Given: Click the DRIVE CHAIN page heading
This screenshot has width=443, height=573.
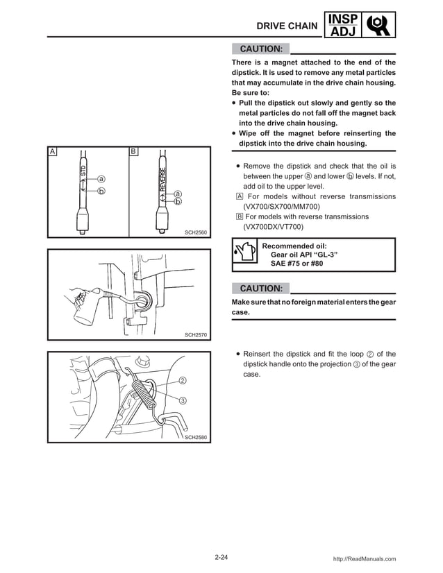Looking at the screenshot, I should click(287, 26).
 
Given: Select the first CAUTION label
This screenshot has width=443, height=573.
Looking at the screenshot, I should click(260, 49).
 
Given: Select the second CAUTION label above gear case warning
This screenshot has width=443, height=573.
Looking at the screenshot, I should click(260, 288).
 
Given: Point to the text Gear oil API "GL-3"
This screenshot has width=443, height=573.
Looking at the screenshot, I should click(303, 255).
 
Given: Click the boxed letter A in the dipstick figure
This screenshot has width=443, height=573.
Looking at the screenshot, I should click(52, 151).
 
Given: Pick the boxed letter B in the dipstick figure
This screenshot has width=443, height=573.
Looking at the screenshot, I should click(133, 151).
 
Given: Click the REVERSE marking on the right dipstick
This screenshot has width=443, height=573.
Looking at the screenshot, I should click(162, 180).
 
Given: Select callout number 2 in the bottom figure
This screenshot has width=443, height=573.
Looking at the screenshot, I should click(182, 380).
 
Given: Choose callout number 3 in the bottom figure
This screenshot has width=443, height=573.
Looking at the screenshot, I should click(182, 401).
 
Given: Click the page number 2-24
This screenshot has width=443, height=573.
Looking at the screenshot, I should click(221, 558).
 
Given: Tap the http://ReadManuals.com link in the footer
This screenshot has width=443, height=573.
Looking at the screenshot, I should click(365, 558).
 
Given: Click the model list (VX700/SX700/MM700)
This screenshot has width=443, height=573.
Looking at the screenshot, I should click(282, 207).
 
